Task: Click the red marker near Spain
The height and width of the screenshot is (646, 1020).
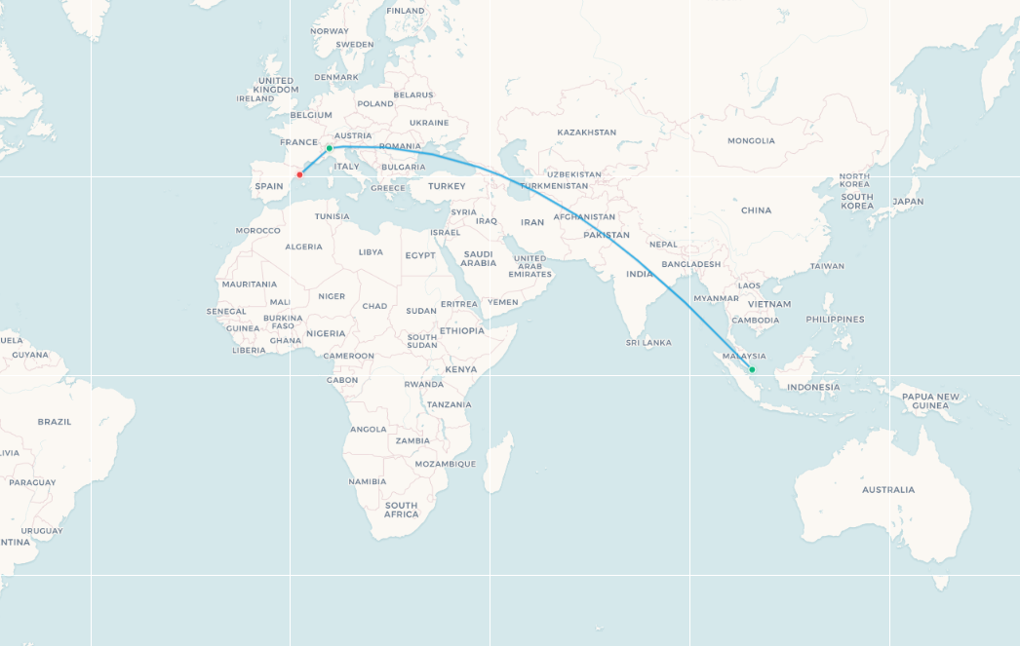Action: pos(299,175)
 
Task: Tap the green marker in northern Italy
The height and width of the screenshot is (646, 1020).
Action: pos(330,148)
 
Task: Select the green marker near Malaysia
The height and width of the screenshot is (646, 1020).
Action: pos(752,369)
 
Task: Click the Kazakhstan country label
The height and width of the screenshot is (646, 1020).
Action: pos(586,132)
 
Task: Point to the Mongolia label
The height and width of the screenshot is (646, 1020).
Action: pos(751,140)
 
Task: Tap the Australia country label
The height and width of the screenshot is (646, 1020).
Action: pos(888,489)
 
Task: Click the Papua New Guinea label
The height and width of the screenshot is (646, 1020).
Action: pos(930,400)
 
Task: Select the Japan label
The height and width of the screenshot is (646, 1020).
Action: pos(907,202)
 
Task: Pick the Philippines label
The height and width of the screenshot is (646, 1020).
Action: pos(835,319)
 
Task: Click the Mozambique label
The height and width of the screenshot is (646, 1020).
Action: pos(445,464)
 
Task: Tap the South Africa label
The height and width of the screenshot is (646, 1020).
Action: pos(401,510)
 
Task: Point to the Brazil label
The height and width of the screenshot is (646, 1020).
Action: pos(54,421)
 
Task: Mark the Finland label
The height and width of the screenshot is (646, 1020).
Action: pos(406,11)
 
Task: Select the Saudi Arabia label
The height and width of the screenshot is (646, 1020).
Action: pos(478,258)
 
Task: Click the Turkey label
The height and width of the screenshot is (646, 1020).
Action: pos(447,186)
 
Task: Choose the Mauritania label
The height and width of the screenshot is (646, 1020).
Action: pos(249,284)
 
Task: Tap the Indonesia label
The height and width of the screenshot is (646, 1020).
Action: pos(813,387)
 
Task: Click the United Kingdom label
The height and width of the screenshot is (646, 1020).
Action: pos(276,85)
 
